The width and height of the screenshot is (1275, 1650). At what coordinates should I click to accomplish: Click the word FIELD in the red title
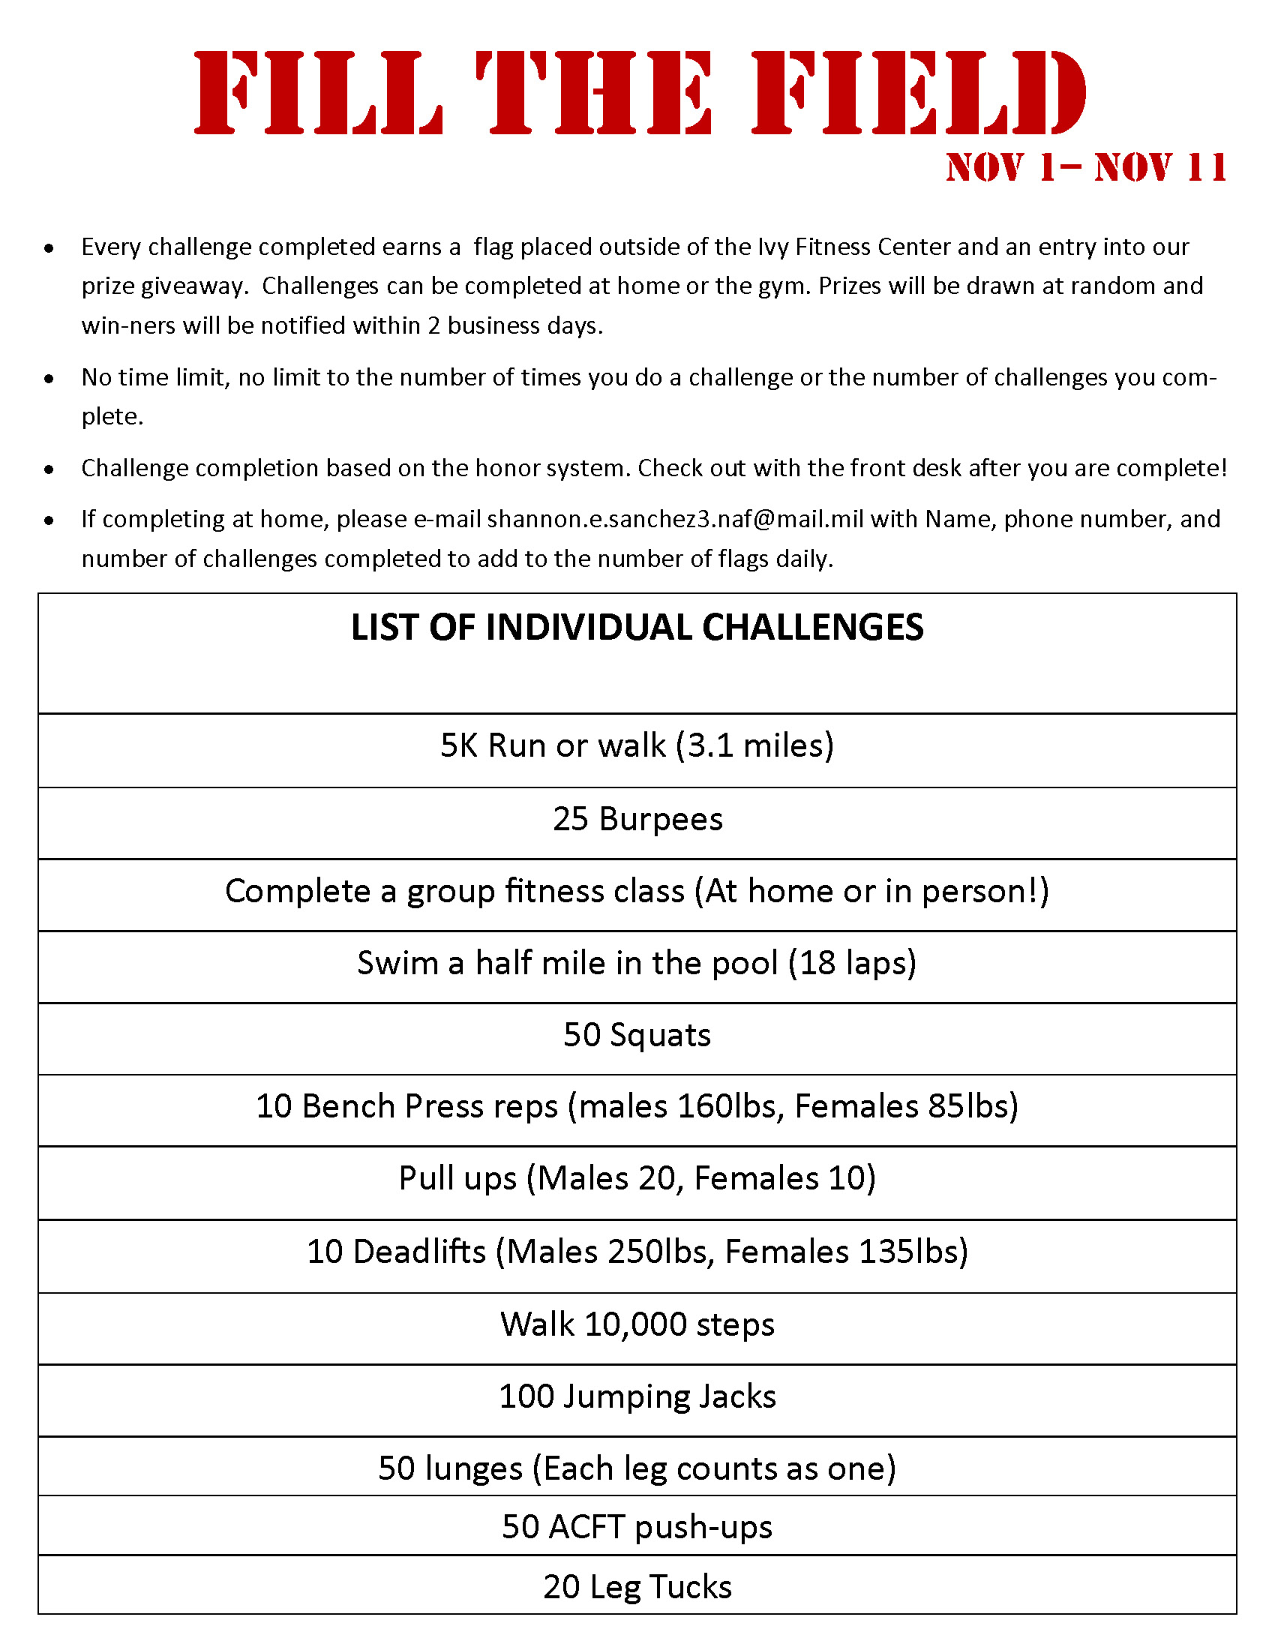(x=919, y=93)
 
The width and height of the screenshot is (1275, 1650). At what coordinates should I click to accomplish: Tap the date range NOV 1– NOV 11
(x=1086, y=168)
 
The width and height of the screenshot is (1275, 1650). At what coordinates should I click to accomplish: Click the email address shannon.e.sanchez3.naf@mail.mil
(x=675, y=520)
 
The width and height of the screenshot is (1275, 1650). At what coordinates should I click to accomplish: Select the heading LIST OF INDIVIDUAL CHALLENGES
(x=637, y=628)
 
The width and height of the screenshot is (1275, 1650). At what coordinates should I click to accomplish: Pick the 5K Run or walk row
(x=637, y=745)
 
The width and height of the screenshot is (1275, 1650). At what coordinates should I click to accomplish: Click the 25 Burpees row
(x=637, y=820)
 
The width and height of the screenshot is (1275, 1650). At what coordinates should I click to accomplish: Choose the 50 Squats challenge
(x=637, y=1035)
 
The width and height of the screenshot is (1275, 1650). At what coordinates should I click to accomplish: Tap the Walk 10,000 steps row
(x=637, y=1324)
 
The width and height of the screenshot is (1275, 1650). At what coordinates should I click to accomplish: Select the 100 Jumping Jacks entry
(x=637, y=1396)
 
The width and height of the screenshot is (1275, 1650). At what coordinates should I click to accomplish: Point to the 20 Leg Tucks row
(x=637, y=1587)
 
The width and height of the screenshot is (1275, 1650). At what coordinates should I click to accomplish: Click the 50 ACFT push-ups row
(x=637, y=1527)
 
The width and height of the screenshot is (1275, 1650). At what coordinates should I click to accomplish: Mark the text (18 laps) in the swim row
(x=852, y=963)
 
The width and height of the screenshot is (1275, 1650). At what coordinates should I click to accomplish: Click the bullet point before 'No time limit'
(x=49, y=379)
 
